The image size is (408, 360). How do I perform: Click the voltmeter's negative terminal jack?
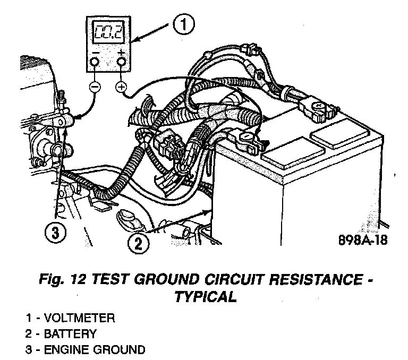[x=94, y=63]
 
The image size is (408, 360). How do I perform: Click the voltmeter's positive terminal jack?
[x=122, y=63]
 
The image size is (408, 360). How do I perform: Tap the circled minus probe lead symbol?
[x=94, y=86]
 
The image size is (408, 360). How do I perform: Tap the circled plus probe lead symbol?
[x=122, y=87]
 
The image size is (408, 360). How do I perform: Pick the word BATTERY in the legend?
[x=71, y=334]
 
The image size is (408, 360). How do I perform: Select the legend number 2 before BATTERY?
[x=28, y=334]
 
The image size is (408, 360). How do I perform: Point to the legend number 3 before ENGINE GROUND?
[x=28, y=349]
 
